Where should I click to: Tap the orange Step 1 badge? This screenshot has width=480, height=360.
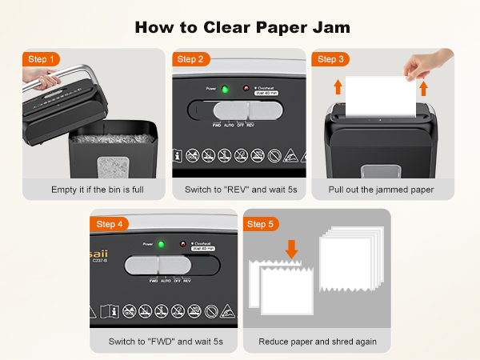(x=42, y=59)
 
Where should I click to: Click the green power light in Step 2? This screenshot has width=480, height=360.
(x=225, y=89)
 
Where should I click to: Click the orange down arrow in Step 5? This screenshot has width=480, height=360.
(x=292, y=250)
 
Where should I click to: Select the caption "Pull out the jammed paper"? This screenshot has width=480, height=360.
(x=382, y=190)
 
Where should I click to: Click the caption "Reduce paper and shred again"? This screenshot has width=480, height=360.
(x=317, y=342)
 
